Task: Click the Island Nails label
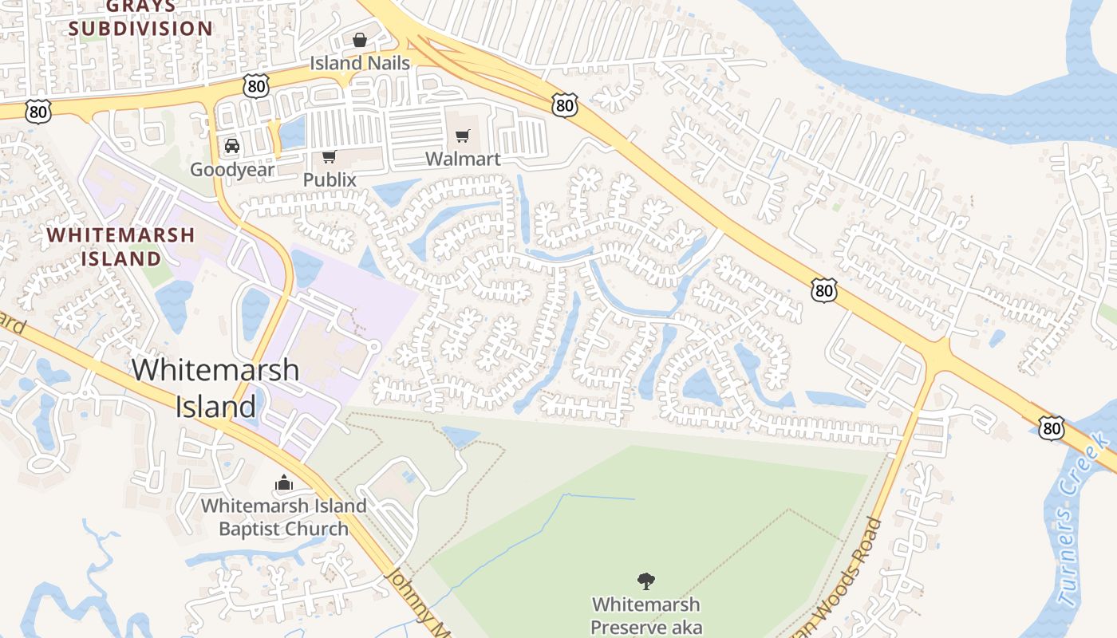pos(360,63)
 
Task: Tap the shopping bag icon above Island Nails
pos(360,39)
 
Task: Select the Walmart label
pos(463,159)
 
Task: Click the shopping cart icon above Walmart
pos(463,136)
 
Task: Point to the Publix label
pos(330,180)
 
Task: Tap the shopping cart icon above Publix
pos(330,156)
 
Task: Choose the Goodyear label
pos(232,169)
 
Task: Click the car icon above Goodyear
pos(232,146)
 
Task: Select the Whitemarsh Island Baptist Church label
pos(283,517)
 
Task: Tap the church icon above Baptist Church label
pos(283,482)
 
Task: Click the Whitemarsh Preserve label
pos(645,616)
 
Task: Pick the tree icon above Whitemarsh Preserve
pos(646,581)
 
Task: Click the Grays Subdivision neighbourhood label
pos(140,18)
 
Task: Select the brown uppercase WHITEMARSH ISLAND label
pos(120,246)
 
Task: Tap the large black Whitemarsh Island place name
pos(215,388)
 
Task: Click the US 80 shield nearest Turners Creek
pos(1052,429)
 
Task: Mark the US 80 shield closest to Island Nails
pos(256,86)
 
